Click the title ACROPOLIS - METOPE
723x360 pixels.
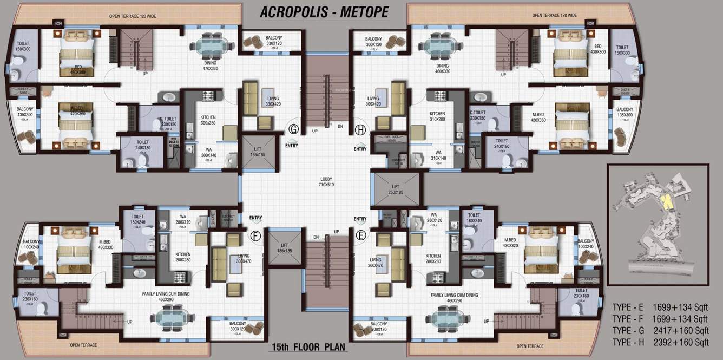coord(324,12)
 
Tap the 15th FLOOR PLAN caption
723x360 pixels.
coord(307,347)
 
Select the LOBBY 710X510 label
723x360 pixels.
coord(326,181)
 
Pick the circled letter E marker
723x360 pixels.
coord(360,235)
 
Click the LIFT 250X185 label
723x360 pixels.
coord(395,189)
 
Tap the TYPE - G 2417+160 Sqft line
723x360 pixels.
coord(660,330)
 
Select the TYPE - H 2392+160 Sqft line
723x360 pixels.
coord(660,342)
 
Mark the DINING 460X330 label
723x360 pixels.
coord(443,68)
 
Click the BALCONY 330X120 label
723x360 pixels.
coord(273,41)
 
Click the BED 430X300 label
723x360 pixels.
coord(597,49)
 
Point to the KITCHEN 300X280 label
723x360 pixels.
coord(208,120)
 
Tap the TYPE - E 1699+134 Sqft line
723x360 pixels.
coord(660,307)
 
